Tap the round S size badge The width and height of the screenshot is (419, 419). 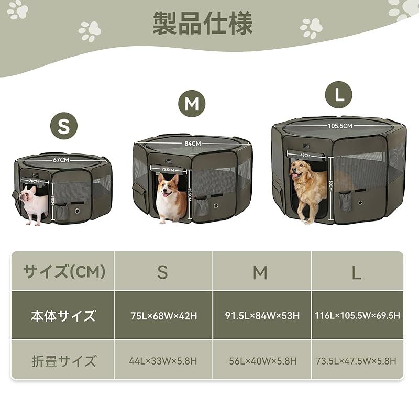(63, 126)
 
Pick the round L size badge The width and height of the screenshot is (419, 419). (338, 95)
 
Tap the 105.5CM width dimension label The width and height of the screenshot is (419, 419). (340, 126)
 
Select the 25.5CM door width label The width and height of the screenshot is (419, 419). (168, 170)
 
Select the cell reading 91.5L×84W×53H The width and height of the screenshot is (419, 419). (262, 316)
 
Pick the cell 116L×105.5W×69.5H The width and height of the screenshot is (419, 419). (357, 316)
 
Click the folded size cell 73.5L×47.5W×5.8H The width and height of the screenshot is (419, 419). (357, 361)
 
